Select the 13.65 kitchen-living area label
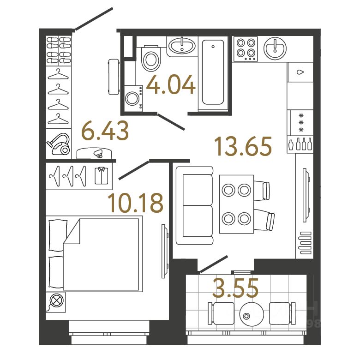(x=243, y=146)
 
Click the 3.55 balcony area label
(x=235, y=289)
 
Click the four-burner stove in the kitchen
(x=246, y=48)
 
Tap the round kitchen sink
(x=275, y=48)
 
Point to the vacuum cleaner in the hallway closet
(x=59, y=143)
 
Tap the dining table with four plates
(x=236, y=204)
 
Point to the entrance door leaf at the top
(x=94, y=19)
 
